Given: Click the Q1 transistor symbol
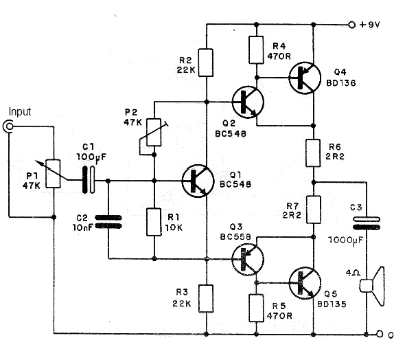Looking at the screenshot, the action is (x=198, y=181).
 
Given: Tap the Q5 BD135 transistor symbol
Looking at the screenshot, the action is (x=305, y=283).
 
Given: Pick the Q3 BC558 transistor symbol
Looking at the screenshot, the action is (x=248, y=259).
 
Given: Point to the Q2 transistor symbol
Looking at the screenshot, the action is (x=248, y=102).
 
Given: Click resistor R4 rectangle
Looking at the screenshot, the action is (x=256, y=50).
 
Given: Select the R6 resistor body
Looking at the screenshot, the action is (x=313, y=153).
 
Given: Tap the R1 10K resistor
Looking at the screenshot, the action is (x=154, y=222).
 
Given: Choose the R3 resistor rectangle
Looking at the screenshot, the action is (x=206, y=299).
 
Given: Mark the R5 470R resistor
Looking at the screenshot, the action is (x=256, y=308).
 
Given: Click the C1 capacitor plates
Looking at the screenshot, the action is (x=89, y=180).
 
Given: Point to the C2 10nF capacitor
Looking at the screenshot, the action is (x=108, y=222).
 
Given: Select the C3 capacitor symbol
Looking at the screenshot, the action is (x=367, y=223).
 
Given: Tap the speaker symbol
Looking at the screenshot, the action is (x=373, y=286).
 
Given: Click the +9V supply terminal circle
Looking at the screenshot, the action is (x=351, y=25).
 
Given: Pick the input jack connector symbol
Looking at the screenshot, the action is (x=8, y=126).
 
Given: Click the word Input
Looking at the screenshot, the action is (x=20, y=112).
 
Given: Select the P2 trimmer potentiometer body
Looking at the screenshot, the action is (x=154, y=133).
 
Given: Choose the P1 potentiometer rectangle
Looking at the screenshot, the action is (x=54, y=174).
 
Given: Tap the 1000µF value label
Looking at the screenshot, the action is (x=346, y=240).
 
